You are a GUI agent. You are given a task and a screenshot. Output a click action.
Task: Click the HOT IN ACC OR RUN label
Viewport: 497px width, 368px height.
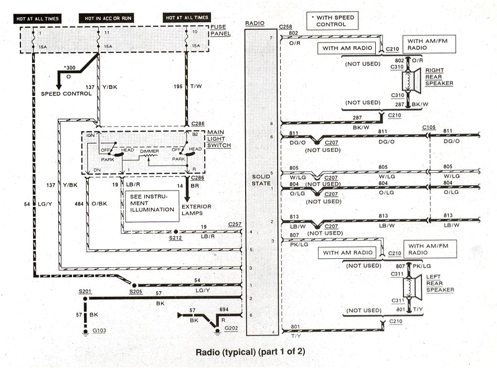coord(108,18)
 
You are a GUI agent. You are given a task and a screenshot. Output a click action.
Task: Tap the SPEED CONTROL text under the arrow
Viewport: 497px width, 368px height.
coord(67,93)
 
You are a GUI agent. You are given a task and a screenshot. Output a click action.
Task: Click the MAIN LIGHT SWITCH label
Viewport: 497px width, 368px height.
coord(218,138)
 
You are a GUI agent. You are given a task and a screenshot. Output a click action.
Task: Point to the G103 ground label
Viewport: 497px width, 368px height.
coord(99,331)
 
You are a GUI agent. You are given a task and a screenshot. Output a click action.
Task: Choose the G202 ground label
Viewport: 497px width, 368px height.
coord(231,328)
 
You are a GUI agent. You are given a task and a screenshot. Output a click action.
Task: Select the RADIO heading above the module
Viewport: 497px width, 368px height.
coord(255,24)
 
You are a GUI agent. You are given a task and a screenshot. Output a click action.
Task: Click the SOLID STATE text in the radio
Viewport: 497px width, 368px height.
coord(260,180)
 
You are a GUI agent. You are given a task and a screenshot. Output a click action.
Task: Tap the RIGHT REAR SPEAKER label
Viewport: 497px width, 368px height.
coord(438,77)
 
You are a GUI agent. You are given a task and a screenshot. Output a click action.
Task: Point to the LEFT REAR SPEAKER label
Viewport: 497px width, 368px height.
coord(440,283)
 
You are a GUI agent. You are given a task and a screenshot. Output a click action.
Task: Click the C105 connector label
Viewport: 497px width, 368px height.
coord(429,128)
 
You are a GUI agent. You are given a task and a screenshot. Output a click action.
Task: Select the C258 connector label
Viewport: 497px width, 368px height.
coord(286,26)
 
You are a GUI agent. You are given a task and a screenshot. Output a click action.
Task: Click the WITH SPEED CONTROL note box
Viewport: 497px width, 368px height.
coord(334,21)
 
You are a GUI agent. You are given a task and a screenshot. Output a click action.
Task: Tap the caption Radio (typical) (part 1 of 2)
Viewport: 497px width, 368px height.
coord(250,351)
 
